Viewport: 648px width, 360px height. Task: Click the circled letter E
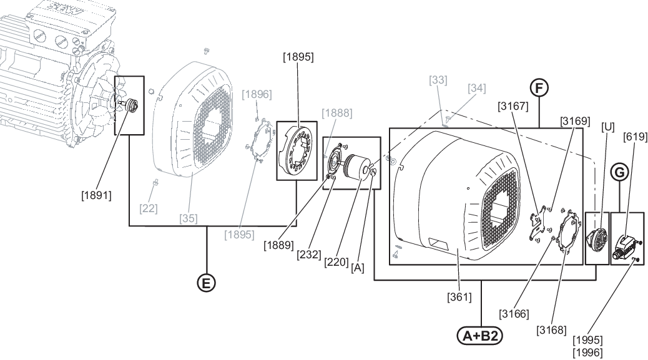[206, 283]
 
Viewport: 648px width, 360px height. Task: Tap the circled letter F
[539, 88]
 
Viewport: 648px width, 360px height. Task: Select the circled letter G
[619, 172]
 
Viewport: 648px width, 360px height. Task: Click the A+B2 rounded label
[480, 336]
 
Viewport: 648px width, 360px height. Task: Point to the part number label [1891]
[96, 195]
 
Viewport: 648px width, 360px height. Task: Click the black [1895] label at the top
[298, 57]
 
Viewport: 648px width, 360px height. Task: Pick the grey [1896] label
[257, 94]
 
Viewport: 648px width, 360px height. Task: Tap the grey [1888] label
[337, 113]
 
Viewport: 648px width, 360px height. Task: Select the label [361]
[459, 296]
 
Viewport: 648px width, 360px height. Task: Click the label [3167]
[513, 106]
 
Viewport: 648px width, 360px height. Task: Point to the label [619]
[635, 136]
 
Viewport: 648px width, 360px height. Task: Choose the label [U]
[608, 127]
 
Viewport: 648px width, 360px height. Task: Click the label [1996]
[587, 353]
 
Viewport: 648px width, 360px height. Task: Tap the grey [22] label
[149, 208]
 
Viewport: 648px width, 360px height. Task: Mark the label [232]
[309, 255]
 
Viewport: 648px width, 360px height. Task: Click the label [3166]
[514, 314]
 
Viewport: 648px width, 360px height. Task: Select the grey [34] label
[477, 88]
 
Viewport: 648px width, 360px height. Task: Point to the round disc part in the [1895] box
[297, 150]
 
